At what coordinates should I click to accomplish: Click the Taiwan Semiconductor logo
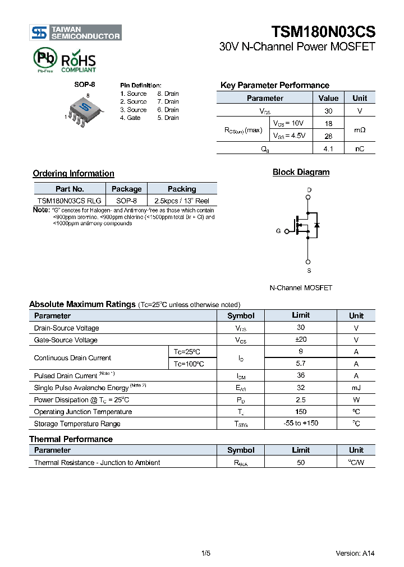click(x=75, y=32)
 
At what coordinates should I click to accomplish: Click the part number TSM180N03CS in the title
click(x=323, y=31)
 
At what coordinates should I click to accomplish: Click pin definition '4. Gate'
click(x=130, y=118)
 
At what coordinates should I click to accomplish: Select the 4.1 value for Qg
click(x=328, y=148)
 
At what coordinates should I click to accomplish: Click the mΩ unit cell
click(x=359, y=129)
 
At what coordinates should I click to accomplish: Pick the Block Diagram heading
click(x=301, y=172)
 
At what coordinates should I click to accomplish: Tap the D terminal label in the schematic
click(x=309, y=190)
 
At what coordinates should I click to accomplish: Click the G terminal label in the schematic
click(x=278, y=231)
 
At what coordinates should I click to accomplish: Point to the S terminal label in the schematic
click(x=309, y=271)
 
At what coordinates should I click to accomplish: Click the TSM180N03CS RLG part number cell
click(x=70, y=201)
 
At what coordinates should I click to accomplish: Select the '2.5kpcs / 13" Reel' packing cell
click(x=182, y=201)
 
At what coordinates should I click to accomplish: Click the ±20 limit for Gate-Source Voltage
click(x=301, y=340)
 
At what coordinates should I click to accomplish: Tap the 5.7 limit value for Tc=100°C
click(x=301, y=364)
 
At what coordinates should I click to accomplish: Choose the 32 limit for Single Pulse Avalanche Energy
click(x=301, y=388)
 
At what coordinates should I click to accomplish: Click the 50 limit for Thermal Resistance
click(x=301, y=462)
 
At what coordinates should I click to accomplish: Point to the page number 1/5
click(x=205, y=554)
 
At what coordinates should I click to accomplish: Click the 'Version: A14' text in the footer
click(x=355, y=554)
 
